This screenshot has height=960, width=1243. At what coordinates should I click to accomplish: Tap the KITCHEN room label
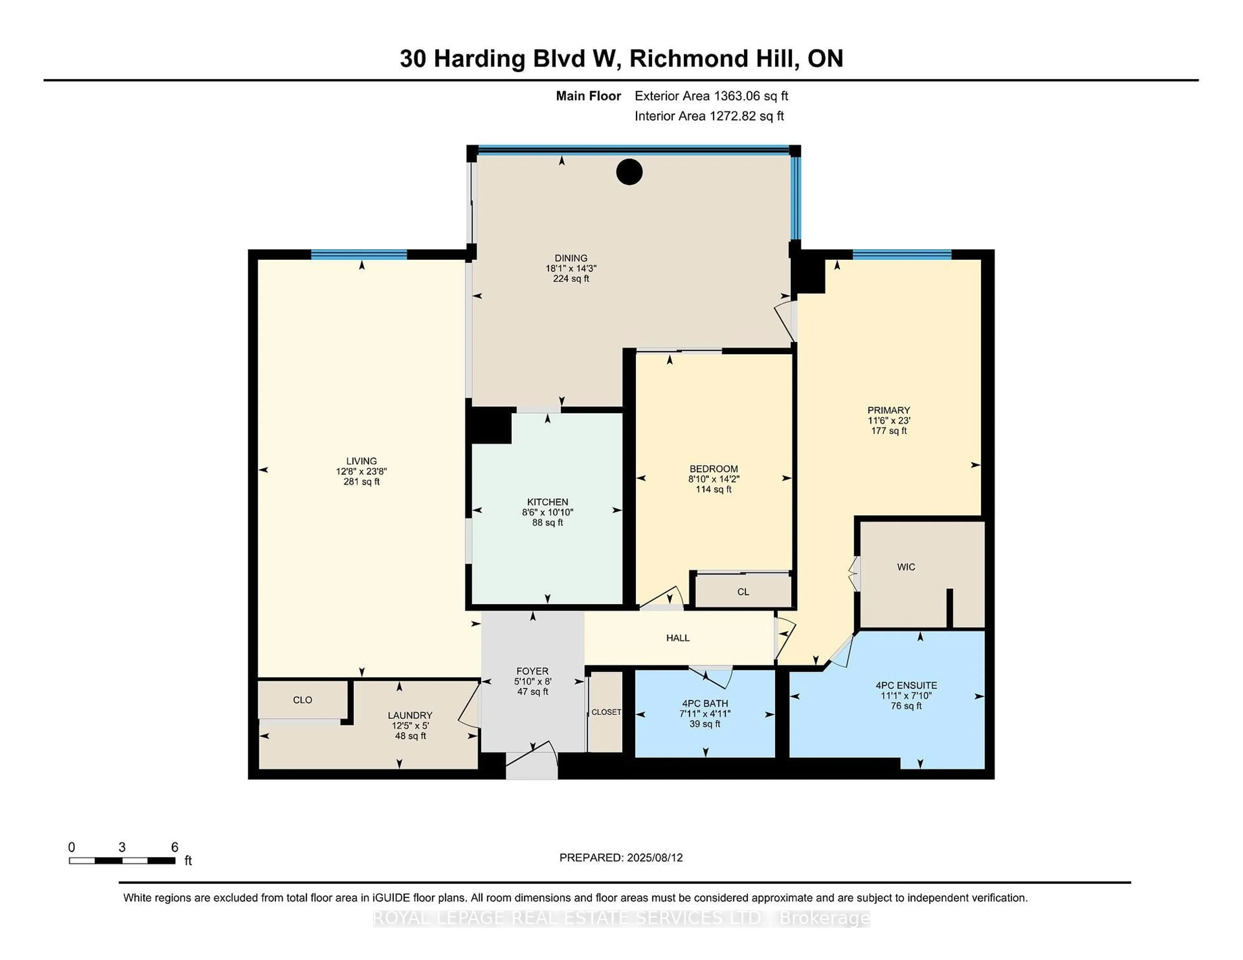(x=547, y=502)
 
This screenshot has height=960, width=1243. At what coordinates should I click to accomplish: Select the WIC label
(x=906, y=567)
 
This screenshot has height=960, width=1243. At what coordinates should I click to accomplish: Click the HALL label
(x=678, y=638)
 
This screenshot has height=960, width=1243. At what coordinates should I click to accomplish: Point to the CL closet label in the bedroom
(x=743, y=592)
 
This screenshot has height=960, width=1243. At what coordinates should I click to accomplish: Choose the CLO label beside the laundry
(x=302, y=700)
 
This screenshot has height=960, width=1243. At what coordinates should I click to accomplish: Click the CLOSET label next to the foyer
(x=606, y=712)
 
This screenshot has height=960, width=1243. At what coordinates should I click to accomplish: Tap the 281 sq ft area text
(x=361, y=481)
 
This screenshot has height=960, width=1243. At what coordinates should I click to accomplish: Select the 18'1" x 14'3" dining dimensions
(x=571, y=268)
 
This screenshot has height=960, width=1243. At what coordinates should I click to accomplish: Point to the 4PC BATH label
(x=705, y=703)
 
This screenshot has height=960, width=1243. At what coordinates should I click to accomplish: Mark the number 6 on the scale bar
(x=175, y=847)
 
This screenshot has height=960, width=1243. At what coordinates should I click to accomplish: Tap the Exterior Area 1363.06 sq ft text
(x=711, y=96)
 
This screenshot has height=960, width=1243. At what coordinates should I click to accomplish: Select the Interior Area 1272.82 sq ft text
(x=709, y=116)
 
